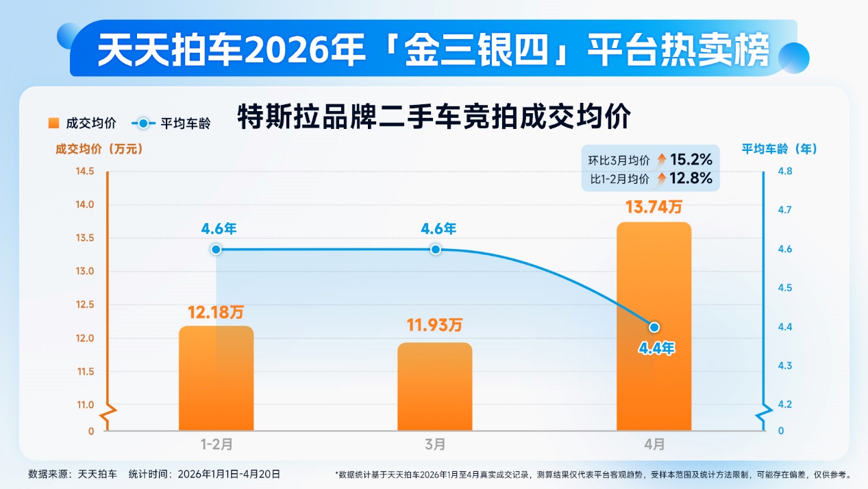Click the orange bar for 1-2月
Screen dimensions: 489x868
(x=216, y=378)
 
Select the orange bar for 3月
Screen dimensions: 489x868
(x=435, y=386)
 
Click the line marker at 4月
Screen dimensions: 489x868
(x=654, y=327)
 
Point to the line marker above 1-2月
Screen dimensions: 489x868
(x=216, y=249)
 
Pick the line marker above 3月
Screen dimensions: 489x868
(x=435, y=249)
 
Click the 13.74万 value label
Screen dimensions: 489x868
(x=654, y=206)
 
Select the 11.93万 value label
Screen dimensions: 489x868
(x=435, y=326)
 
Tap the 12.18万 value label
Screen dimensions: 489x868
(x=216, y=312)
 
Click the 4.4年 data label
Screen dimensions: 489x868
(x=656, y=348)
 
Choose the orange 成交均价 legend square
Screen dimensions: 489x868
(x=53, y=123)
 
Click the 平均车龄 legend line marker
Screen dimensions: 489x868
(x=142, y=123)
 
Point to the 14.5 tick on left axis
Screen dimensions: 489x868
(x=85, y=171)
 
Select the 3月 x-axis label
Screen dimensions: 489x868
(x=435, y=444)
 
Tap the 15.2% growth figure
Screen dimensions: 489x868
(x=691, y=160)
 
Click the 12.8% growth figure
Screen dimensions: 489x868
(x=691, y=179)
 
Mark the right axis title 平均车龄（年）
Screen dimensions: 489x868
(x=780, y=148)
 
